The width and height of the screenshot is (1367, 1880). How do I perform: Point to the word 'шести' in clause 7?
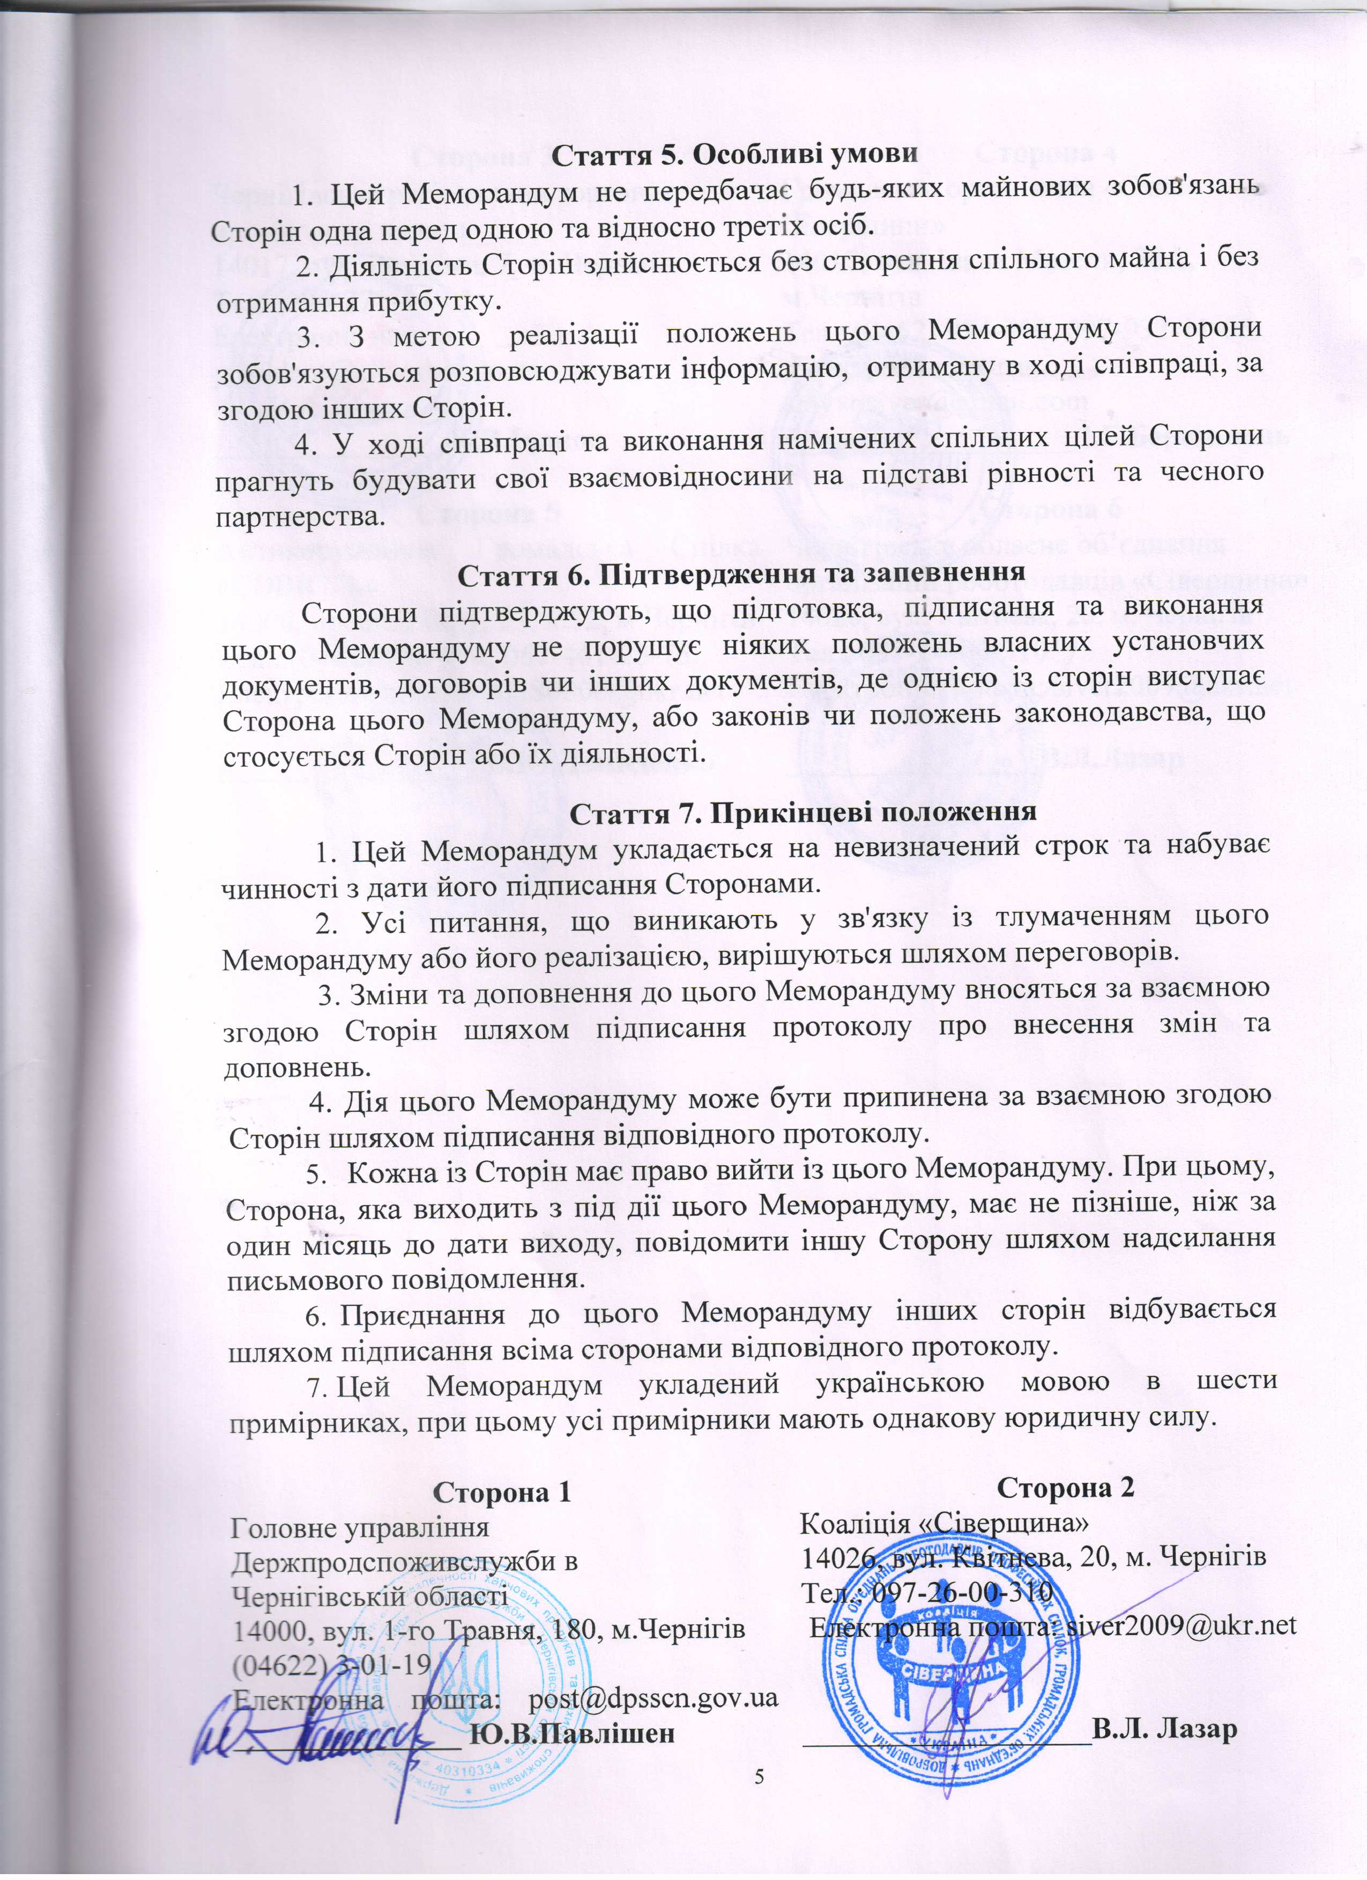pos(1232,1384)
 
